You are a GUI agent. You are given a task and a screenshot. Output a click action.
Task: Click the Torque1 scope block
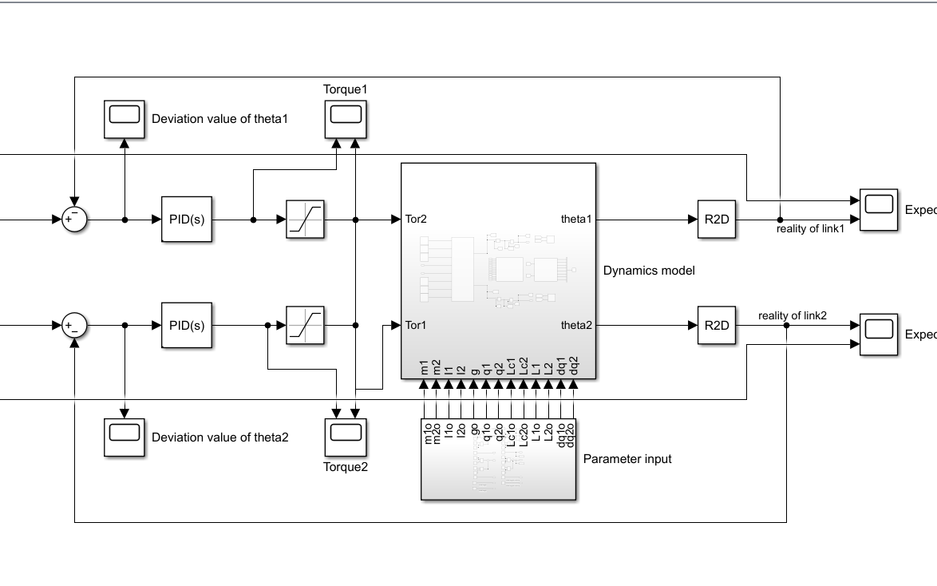click(346, 117)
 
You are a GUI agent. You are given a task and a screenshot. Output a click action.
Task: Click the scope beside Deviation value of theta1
click(125, 118)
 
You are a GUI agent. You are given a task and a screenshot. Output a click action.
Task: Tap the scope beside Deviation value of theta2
click(125, 437)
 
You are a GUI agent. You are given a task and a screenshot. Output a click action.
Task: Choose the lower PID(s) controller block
click(187, 325)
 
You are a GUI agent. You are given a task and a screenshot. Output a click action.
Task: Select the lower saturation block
click(306, 325)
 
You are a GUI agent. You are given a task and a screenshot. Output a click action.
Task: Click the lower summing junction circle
click(74, 325)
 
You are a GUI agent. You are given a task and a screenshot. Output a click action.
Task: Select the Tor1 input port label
click(416, 325)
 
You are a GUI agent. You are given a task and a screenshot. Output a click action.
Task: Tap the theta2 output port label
click(575, 325)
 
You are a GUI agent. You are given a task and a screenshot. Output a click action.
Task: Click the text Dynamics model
click(649, 271)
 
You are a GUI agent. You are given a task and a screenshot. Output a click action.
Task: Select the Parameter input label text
click(627, 459)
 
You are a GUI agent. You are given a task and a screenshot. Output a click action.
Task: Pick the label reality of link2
click(792, 315)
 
